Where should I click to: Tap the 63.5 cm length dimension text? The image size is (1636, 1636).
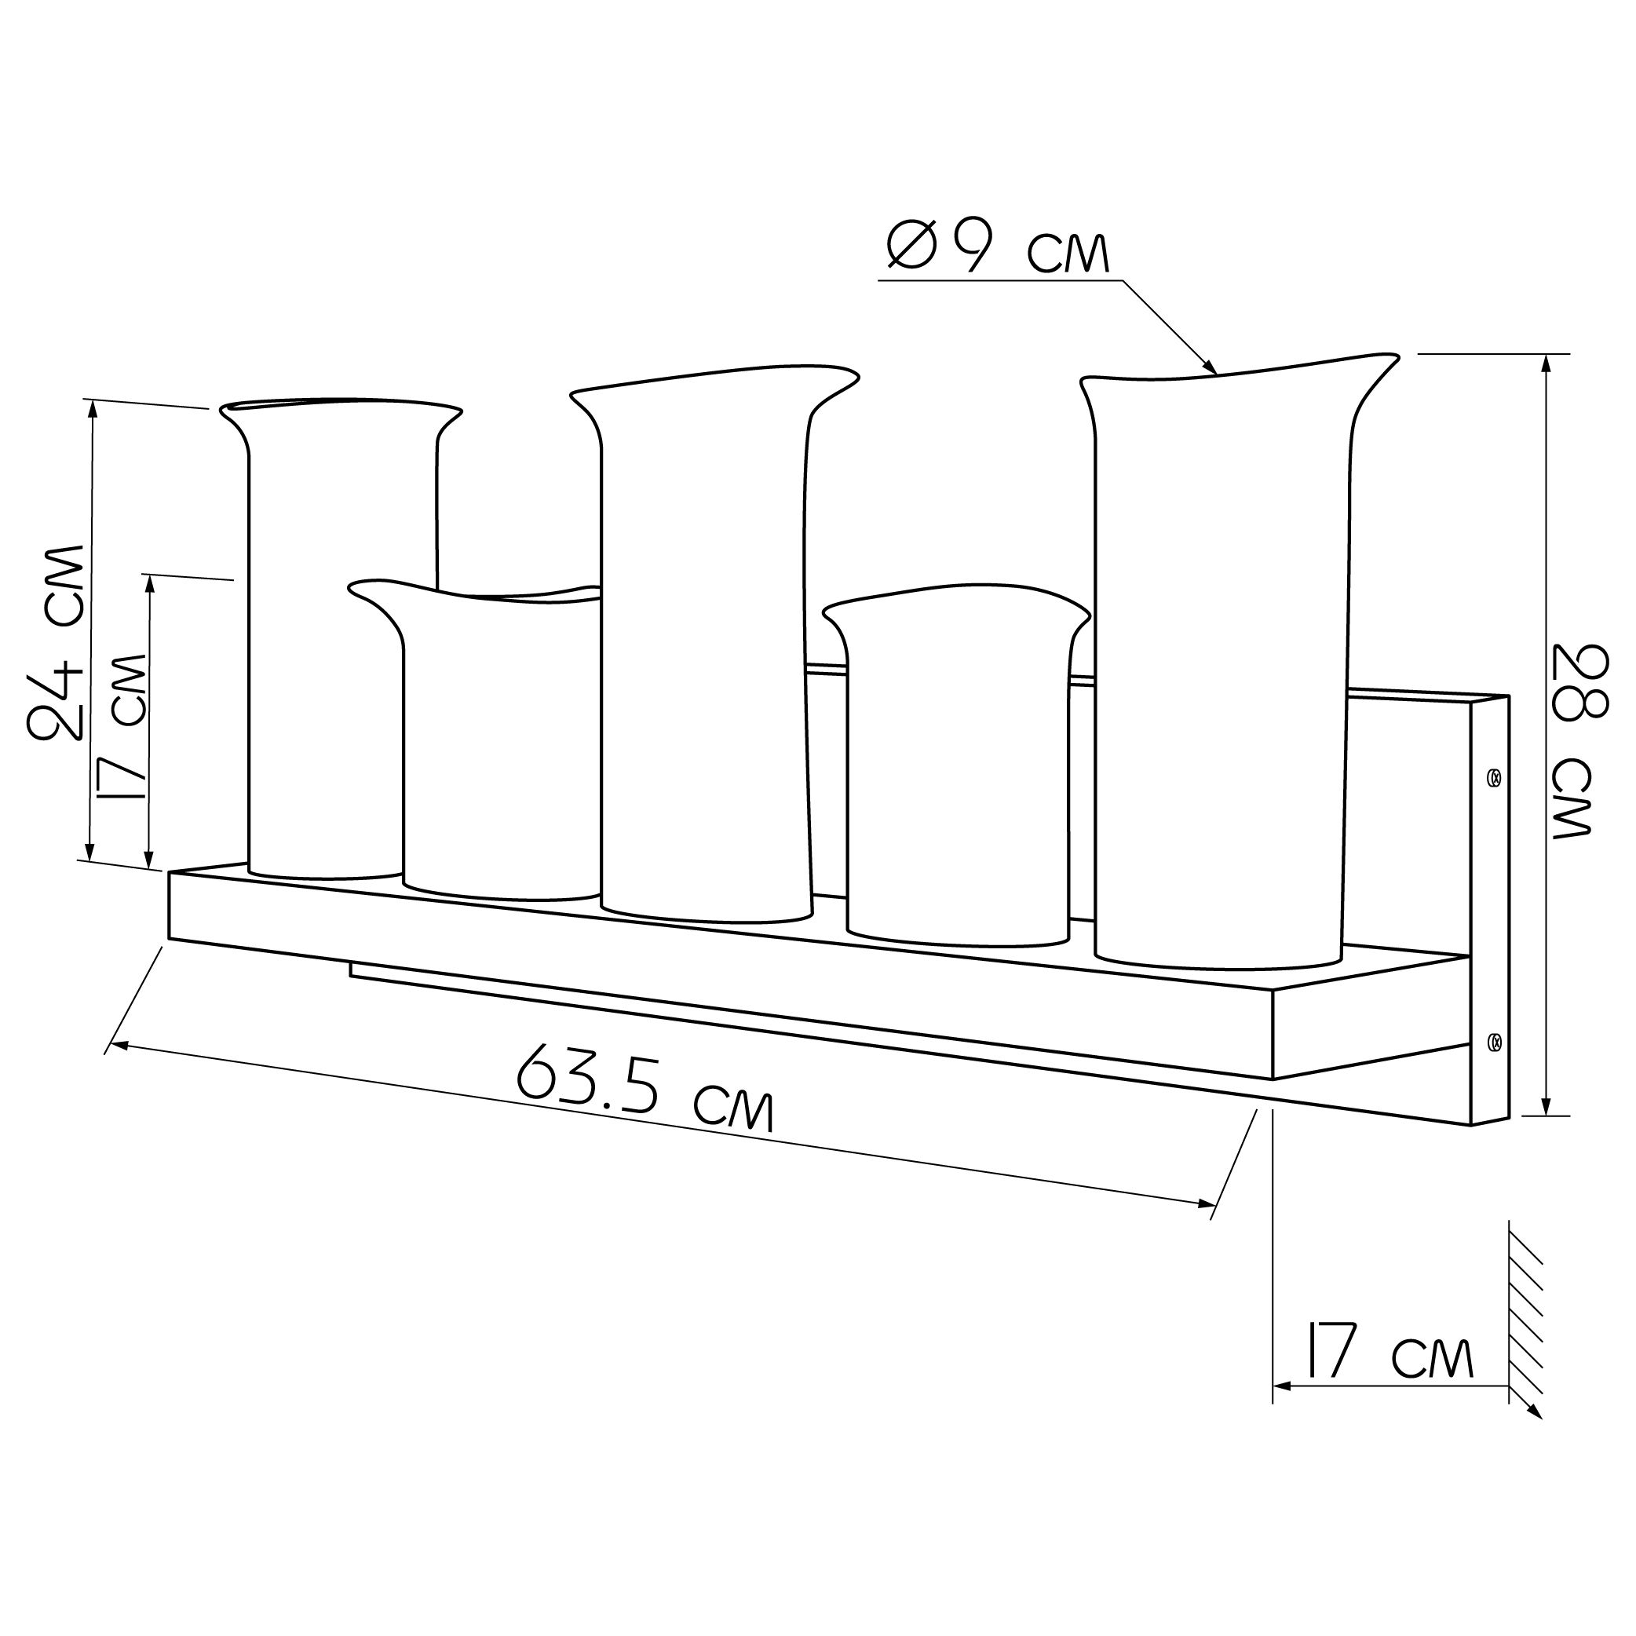[646, 1087]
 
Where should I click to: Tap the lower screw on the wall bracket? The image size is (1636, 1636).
[1495, 1040]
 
